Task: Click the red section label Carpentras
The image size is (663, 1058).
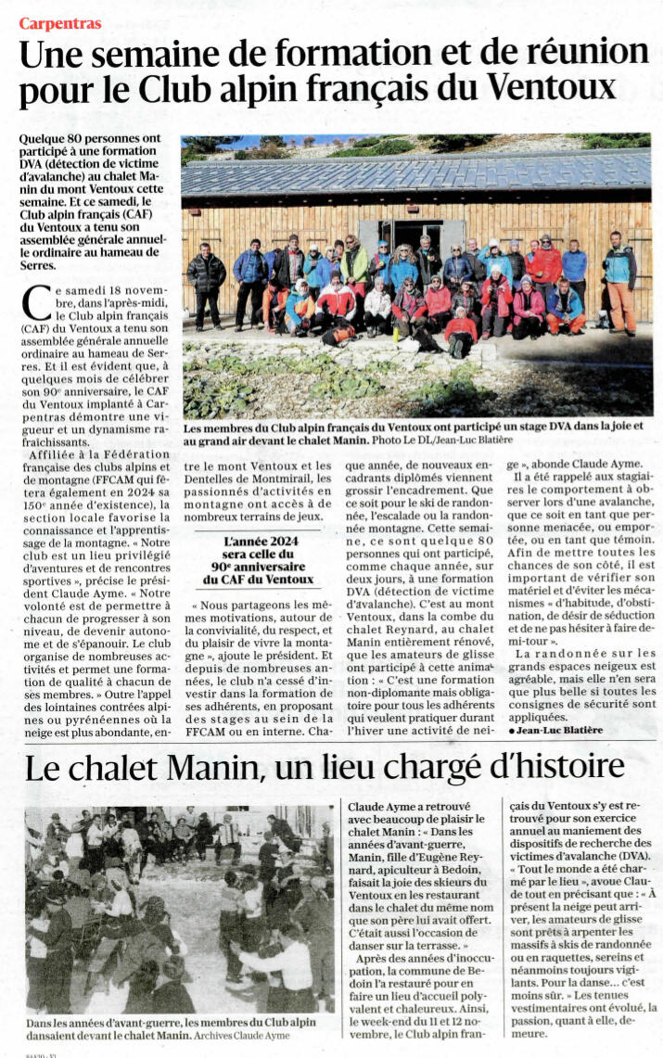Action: tap(60, 23)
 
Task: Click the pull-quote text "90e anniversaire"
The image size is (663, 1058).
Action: tap(258, 566)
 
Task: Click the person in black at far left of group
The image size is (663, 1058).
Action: tap(206, 285)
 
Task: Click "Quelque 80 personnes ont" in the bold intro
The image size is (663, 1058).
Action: tap(89, 138)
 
